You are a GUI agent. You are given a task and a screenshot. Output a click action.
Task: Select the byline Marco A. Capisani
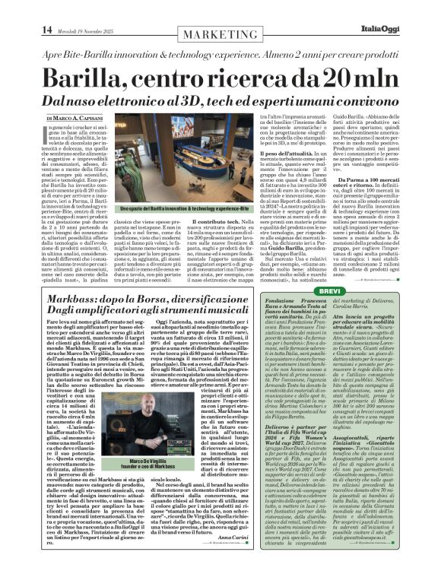pos(83,119)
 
